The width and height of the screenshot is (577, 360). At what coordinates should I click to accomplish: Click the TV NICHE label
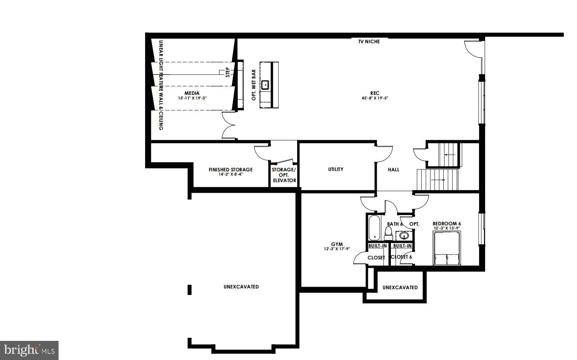pyautogui.click(x=369, y=41)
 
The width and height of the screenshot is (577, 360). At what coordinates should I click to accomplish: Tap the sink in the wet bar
pyautogui.click(x=265, y=85)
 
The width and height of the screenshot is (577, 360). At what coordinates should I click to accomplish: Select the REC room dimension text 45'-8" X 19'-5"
pyautogui.click(x=375, y=98)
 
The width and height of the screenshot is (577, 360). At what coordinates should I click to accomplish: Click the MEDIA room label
pyautogui.click(x=192, y=93)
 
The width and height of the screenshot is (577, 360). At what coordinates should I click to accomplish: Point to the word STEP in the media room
pyautogui.click(x=228, y=72)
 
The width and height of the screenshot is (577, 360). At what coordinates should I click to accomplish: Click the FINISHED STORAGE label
pyautogui.click(x=230, y=169)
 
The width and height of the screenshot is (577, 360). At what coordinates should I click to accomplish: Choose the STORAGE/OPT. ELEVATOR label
pyautogui.click(x=284, y=175)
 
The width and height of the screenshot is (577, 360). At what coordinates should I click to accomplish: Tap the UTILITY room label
pyautogui.click(x=336, y=169)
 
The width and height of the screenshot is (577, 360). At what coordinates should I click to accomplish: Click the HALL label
pyautogui.click(x=394, y=169)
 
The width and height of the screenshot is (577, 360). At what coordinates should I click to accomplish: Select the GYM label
pyautogui.click(x=337, y=244)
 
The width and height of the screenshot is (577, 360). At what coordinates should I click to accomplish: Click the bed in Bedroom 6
pyautogui.click(x=447, y=248)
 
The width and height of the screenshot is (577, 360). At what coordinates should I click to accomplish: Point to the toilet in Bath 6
pyautogui.click(x=388, y=233)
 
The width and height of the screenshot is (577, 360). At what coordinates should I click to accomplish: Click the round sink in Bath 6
pyautogui.click(x=404, y=235)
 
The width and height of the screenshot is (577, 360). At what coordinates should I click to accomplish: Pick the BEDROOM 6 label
pyautogui.click(x=447, y=224)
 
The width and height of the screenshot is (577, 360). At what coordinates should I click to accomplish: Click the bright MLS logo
pyautogui.click(x=29, y=350)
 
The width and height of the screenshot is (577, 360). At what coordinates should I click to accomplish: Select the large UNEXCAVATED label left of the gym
pyautogui.click(x=241, y=287)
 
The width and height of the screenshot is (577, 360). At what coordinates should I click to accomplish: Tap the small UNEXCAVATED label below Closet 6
pyautogui.click(x=400, y=287)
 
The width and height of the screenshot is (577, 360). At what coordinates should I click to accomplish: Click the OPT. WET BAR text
pyautogui.click(x=254, y=85)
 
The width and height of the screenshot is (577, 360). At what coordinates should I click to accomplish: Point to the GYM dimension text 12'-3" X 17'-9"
pyautogui.click(x=337, y=249)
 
